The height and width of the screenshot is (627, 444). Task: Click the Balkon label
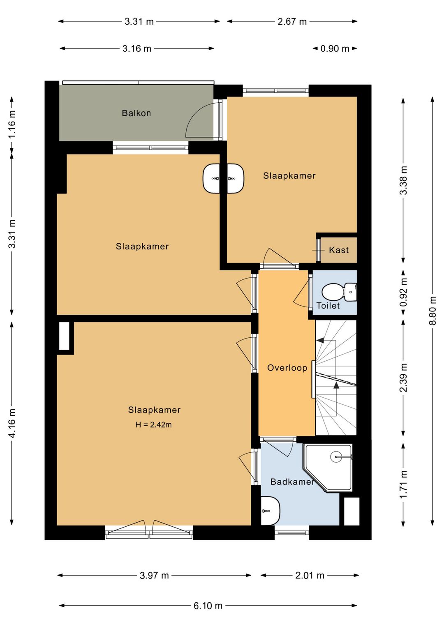tap(136, 113)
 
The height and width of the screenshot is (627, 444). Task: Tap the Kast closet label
tap(339, 250)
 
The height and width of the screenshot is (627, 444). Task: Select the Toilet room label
tap(328, 306)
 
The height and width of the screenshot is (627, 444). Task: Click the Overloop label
tap(287, 368)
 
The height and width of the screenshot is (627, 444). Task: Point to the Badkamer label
tap(292, 482)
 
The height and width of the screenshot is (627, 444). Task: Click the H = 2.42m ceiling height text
tap(153, 424)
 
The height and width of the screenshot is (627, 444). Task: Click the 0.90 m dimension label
tap(335, 49)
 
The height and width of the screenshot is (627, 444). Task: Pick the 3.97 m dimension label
tap(154, 575)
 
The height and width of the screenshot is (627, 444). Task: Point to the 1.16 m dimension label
tap(12, 124)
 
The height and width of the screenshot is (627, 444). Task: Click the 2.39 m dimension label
tap(403, 377)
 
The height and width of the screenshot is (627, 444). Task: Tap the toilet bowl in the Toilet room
tap(333, 292)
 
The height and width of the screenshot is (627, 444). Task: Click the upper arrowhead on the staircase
tap(320, 340)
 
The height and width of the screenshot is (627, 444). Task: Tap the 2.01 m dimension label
tap(310, 575)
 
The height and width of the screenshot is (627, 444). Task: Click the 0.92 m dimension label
tap(403, 292)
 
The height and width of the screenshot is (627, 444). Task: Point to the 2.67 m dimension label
tap(292, 21)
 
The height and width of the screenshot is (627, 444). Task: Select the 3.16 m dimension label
tap(137, 49)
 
